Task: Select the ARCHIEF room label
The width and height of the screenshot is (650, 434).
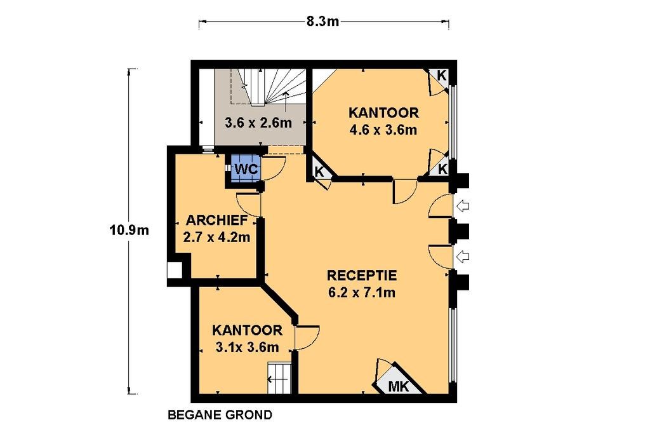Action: pyautogui.click(x=216, y=220)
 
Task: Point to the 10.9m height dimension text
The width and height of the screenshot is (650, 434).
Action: pyautogui.click(x=129, y=229)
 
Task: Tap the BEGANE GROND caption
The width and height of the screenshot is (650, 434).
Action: pyautogui.click(x=220, y=414)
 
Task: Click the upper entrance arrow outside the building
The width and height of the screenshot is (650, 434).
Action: pyautogui.click(x=462, y=206)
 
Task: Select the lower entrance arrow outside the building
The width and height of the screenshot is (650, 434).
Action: pyautogui.click(x=462, y=257)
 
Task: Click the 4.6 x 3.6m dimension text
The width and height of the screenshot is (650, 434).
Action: pyautogui.click(x=383, y=130)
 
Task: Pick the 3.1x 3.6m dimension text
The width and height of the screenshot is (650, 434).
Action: pyautogui.click(x=247, y=347)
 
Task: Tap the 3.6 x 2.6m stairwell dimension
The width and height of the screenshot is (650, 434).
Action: pyautogui.click(x=258, y=123)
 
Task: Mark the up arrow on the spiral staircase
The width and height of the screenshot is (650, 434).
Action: pyautogui.click(x=286, y=102)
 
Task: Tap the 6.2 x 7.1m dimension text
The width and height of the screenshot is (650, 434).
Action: pyautogui.click(x=361, y=292)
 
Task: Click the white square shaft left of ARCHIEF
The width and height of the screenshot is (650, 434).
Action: pyautogui.click(x=175, y=270)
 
